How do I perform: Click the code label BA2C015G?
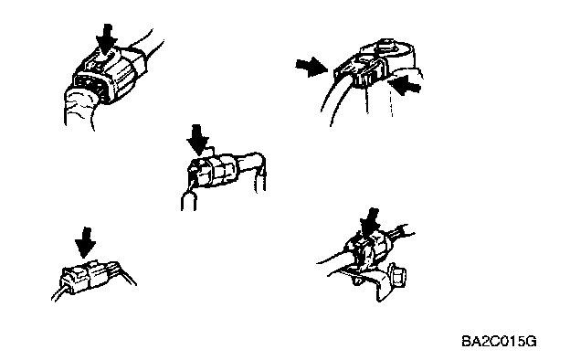point(499,342)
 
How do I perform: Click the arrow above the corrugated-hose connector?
point(107,39)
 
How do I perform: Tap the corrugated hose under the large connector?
point(80,108)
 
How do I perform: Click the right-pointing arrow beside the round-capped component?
point(311,68)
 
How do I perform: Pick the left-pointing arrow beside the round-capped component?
point(405,86)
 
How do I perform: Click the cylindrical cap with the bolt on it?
point(388,55)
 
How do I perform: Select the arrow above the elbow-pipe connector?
point(197,140)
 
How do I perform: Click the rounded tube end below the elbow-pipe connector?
point(189,201)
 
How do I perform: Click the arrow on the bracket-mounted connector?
point(370,223)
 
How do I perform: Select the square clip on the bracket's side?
point(397,275)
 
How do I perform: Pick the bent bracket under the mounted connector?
point(367,281)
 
